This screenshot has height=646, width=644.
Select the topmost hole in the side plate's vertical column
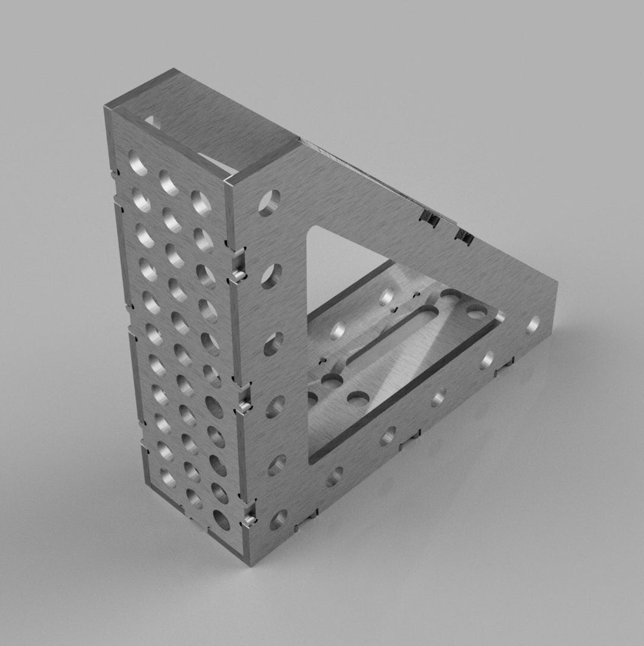(x=269, y=203)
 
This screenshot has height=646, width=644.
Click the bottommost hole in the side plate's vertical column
(x=278, y=519)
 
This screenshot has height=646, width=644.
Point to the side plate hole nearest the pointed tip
(x=533, y=324)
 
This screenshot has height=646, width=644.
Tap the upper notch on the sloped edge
(x=430, y=219)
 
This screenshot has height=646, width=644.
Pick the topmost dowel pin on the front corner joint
(x=238, y=275)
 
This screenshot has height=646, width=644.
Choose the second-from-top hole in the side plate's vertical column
(x=271, y=277)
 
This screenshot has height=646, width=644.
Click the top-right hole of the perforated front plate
(x=201, y=202)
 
